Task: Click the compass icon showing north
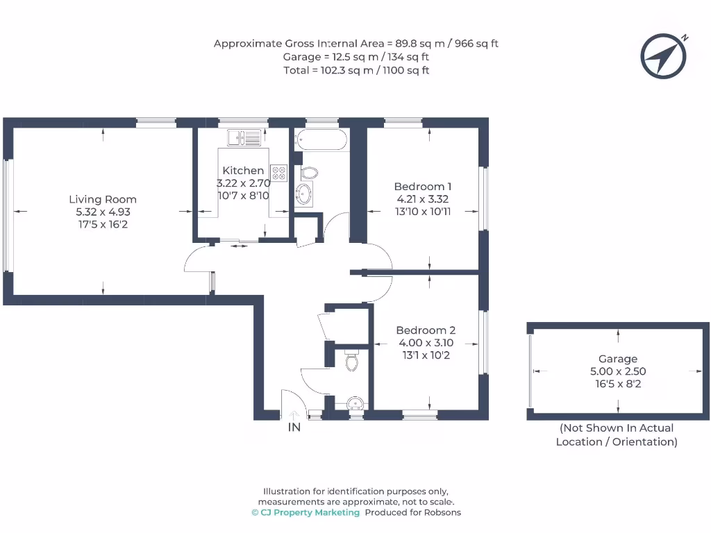point(664,56)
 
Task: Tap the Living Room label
point(103,200)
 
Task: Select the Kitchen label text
point(243,171)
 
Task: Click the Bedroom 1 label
point(423,187)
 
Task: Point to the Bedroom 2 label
point(426,330)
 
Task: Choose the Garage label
point(618,359)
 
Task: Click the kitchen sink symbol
point(243,138)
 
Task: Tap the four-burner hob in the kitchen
point(278,173)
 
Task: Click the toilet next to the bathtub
point(310,173)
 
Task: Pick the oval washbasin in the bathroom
point(305,194)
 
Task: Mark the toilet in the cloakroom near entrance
point(351,361)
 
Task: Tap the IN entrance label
point(294,428)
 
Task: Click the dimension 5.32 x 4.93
point(103,212)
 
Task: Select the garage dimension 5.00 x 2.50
point(618,371)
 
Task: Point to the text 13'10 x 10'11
point(423,211)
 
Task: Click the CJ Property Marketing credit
point(306,512)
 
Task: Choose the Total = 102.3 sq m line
point(356,70)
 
